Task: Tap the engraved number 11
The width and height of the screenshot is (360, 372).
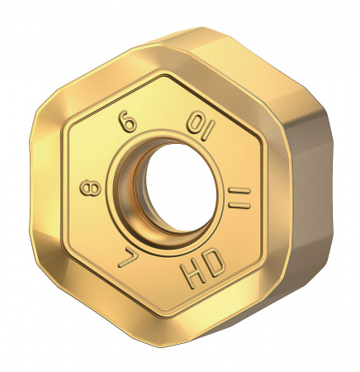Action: tap(239, 198)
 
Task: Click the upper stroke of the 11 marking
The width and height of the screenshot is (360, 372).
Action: tap(241, 191)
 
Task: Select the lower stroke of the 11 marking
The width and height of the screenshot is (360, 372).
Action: tap(237, 206)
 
